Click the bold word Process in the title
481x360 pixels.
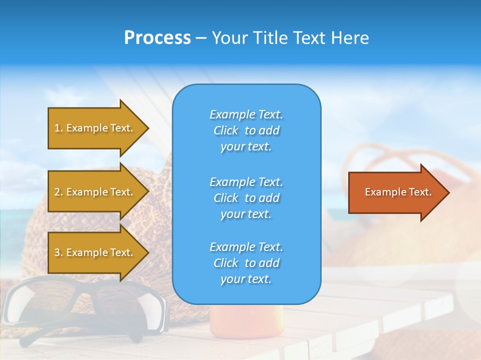pyautogui.click(x=157, y=38)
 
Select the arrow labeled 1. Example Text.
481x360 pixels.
pyautogui.click(x=95, y=128)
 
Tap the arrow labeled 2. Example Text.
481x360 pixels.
pyautogui.click(x=95, y=192)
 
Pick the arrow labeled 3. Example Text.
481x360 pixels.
pyautogui.click(x=95, y=252)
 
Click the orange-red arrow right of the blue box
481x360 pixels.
pyautogui.click(x=396, y=192)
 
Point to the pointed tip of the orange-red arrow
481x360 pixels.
pyautogui.click(x=447, y=192)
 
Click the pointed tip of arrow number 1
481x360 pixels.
pyautogui.click(x=147, y=128)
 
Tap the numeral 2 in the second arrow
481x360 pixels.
pyautogui.click(x=57, y=192)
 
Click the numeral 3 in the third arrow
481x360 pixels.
pyautogui.click(x=57, y=252)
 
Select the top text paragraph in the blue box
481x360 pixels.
pyautogui.click(x=246, y=130)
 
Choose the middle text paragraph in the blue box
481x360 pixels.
pyautogui.click(x=246, y=198)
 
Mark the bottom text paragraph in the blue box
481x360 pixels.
pyautogui.click(x=246, y=263)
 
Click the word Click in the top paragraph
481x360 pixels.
pyautogui.click(x=225, y=130)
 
